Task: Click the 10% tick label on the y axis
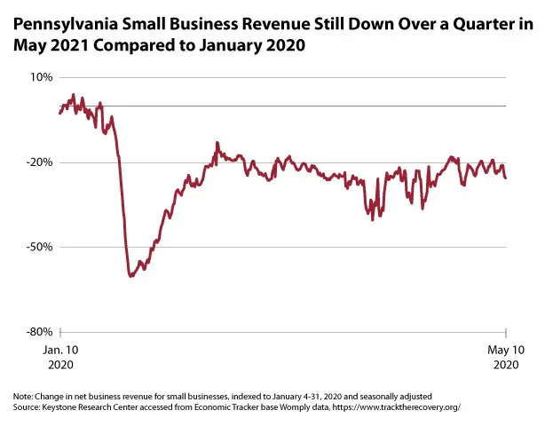pos(42,77)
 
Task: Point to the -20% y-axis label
pos(40,162)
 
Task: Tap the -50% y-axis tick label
pos(40,248)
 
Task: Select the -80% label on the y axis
pos(40,332)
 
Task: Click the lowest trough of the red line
pos(130,276)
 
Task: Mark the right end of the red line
pos(506,178)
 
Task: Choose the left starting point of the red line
pos(59,113)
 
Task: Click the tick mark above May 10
pos(506,335)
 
